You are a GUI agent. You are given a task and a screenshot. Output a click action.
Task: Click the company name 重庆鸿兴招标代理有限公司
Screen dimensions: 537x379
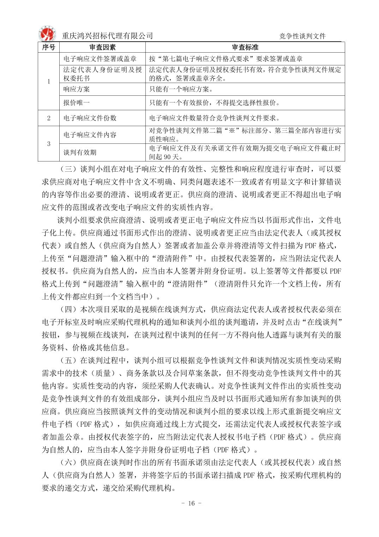pos(107,36)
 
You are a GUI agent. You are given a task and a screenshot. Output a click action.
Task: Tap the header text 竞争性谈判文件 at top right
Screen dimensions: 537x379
pos(302,36)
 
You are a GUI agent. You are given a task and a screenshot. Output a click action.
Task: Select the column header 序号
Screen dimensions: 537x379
pos(48,47)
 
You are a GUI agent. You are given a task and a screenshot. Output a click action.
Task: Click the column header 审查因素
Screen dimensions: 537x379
pos(102,47)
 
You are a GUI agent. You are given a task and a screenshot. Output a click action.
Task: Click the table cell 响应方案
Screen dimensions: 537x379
pos(77,89)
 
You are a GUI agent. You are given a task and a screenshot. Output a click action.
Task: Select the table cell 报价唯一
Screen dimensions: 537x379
pos(77,103)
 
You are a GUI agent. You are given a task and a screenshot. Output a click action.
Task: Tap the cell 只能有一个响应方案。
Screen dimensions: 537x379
pos(181,89)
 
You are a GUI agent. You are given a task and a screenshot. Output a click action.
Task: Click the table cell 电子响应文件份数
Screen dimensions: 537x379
pos(90,118)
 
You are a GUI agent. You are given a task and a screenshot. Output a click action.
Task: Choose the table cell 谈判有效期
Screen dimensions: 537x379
pos(80,152)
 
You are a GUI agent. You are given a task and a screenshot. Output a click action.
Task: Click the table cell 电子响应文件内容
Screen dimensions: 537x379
pos(90,135)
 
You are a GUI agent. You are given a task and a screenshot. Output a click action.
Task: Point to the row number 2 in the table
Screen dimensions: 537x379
pos(49,118)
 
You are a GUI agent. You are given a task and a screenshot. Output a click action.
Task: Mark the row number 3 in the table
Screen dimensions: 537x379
pos(49,144)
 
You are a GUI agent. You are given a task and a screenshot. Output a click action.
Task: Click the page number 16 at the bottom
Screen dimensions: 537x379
pos(191,503)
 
